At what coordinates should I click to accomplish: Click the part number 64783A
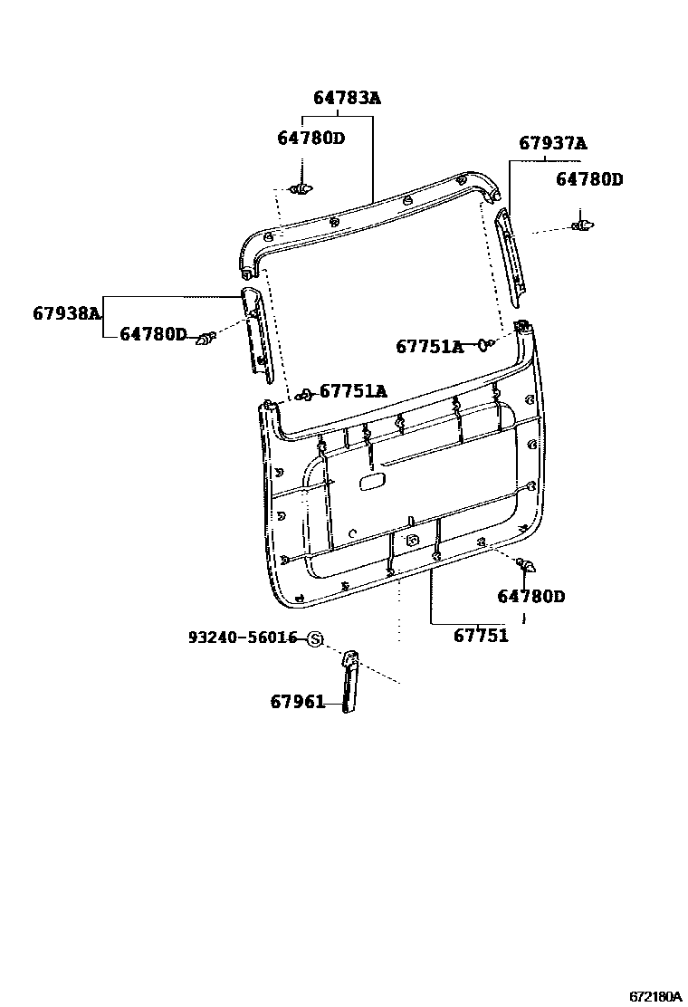pos(347,98)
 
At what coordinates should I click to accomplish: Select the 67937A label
pos(552,143)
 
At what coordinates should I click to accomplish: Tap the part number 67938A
pos(66,313)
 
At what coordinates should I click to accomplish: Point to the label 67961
pos(297,701)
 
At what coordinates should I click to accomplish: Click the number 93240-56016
pos(243,638)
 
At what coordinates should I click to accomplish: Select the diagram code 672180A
pos(655,995)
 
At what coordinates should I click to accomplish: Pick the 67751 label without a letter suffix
pos(481,636)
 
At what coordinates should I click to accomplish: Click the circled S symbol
pos(315,639)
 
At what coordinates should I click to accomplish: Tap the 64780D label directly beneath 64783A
pos(311,138)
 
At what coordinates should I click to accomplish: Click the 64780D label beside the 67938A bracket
pos(153,335)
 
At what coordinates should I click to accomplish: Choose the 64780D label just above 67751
pos(530,596)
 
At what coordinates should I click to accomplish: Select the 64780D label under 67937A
pos(589,179)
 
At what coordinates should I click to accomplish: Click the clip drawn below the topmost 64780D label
pos(301,189)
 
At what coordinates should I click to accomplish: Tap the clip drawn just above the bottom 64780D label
pos(526,567)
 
